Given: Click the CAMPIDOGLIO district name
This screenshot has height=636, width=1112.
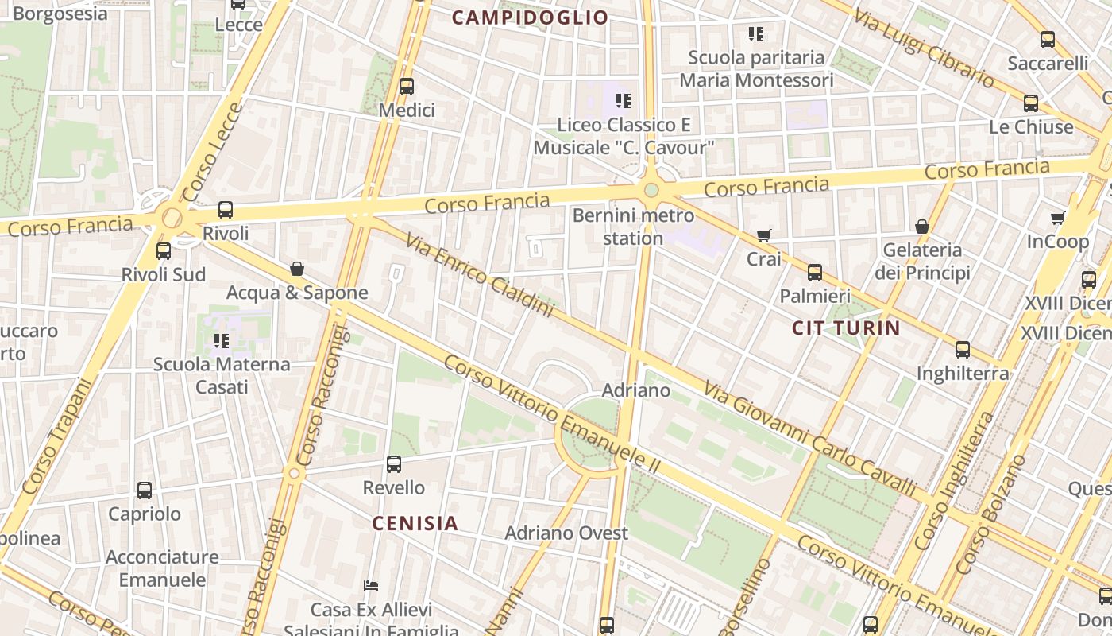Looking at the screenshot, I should [x=530, y=17].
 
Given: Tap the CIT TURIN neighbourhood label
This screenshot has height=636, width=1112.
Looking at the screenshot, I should [x=846, y=328].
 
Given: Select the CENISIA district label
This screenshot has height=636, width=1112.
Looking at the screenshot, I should [x=415, y=523].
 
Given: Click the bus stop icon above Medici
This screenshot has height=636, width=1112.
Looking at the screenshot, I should [x=407, y=87].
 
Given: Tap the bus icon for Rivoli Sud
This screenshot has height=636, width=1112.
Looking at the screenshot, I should [x=164, y=251].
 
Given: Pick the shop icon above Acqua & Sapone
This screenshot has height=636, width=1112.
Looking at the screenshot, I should [x=297, y=269].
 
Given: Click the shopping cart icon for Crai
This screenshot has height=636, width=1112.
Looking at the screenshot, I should [x=764, y=235].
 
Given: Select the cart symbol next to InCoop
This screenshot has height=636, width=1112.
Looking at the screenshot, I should [x=1057, y=218].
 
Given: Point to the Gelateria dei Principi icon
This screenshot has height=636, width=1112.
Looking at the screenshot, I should [x=922, y=227].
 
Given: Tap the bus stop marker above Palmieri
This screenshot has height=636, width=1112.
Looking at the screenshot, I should [x=815, y=273].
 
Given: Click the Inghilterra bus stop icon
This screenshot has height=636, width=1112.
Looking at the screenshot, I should [x=963, y=350].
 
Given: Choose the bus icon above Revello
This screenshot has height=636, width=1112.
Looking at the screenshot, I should [x=394, y=463].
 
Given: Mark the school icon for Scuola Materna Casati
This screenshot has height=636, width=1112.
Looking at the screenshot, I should [x=222, y=341].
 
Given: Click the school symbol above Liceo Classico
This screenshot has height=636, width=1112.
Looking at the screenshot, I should [x=624, y=101].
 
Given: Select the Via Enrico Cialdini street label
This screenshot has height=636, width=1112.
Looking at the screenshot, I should [x=479, y=274].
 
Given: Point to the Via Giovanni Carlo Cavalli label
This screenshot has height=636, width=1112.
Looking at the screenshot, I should [x=810, y=438].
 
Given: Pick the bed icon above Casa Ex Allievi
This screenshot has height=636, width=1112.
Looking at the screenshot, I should [x=371, y=586].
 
